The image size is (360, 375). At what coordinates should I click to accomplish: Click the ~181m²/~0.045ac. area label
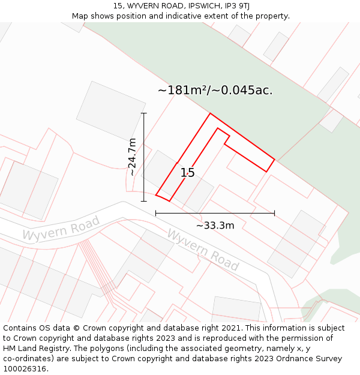(x=215, y=91)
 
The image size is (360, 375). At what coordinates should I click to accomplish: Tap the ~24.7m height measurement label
(x=133, y=157)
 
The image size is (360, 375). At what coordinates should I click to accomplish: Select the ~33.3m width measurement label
(x=215, y=226)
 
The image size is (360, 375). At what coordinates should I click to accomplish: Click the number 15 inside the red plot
(x=187, y=173)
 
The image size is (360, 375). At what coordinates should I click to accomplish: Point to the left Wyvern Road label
(x=61, y=229)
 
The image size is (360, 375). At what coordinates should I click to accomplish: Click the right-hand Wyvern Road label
(x=203, y=249)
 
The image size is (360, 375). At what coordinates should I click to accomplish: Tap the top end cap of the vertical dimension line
(x=143, y=113)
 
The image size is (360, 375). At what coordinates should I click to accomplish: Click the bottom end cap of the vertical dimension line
(x=143, y=201)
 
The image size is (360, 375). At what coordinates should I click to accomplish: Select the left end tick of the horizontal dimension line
(x=156, y=213)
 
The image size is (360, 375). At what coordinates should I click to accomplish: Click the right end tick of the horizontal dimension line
(x=274, y=213)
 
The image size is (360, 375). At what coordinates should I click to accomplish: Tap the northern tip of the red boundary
(x=210, y=113)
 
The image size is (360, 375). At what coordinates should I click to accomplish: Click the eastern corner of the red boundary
(x=274, y=160)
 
